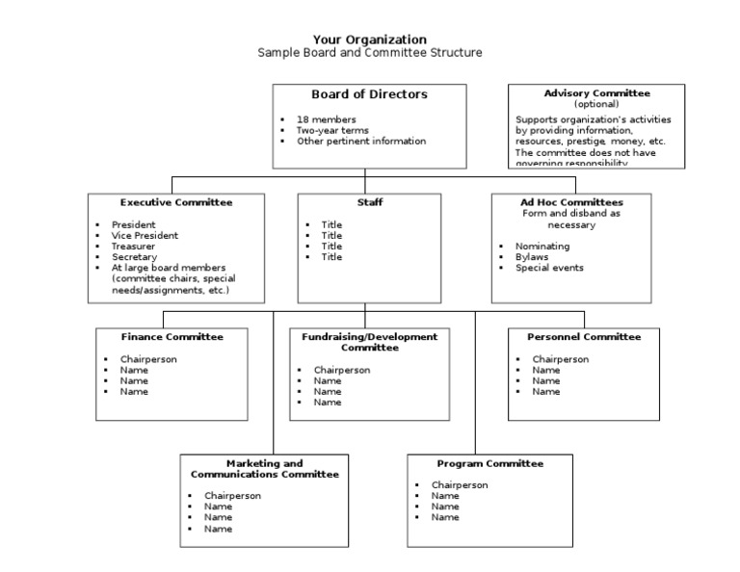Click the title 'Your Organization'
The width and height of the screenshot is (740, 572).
click(x=369, y=39)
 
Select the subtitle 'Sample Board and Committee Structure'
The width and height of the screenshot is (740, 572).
click(x=369, y=53)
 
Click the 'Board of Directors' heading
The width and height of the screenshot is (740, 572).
click(x=369, y=94)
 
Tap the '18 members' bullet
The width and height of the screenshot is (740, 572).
click(x=326, y=119)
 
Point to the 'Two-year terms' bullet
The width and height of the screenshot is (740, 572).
click(x=333, y=130)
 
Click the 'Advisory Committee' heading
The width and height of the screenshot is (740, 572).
click(x=596, y=93)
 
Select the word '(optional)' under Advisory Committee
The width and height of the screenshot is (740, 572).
click(x=596, y=104)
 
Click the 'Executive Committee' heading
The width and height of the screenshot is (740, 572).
click(x=176, y=202)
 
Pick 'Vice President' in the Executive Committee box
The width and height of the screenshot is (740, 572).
click(x=145, y=235)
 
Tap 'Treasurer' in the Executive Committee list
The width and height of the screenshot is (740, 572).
click(x=135, y=246)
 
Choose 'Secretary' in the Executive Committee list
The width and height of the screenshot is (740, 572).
click(x=134, y=257)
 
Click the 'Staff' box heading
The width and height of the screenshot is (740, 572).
click(x=369, y=202)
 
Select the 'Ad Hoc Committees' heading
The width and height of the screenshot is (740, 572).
click(x=571, y=202)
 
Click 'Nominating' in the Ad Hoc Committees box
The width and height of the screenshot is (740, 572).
click(x=542, y=247)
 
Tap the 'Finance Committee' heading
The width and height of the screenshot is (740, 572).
click(x=172, y=337)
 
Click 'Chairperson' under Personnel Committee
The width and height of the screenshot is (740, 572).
click(x=561, y=359)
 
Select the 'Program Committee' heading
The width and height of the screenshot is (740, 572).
click(x=489, y=463)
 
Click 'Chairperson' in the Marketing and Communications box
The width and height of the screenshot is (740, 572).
click(x=232, y=496)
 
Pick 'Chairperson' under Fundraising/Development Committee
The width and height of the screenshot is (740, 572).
click(x=341, y=370)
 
